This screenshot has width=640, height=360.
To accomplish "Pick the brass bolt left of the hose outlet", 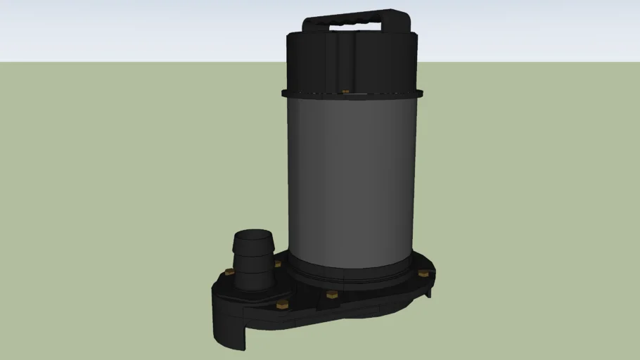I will pos(229,271).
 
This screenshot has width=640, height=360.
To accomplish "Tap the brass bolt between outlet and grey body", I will pos(278,264).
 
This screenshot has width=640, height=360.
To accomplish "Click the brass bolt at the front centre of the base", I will pos(331,294).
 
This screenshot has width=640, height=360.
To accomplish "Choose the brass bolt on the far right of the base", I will pos(422,274).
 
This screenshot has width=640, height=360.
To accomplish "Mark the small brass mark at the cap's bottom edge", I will pos(345,91).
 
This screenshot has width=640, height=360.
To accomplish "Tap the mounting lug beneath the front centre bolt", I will pos(331,304).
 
